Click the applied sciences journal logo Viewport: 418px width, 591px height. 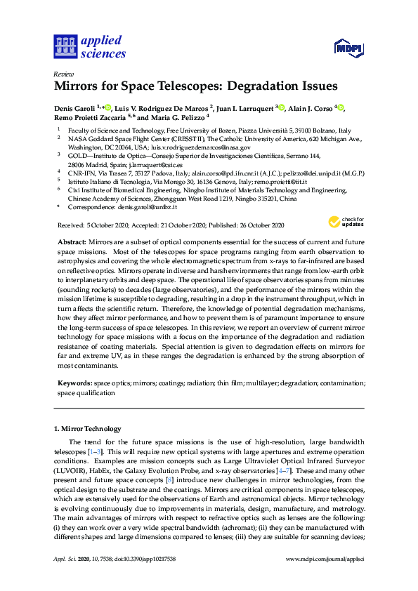pos(90,46)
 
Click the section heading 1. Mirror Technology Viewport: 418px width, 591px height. pos(87,429)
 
